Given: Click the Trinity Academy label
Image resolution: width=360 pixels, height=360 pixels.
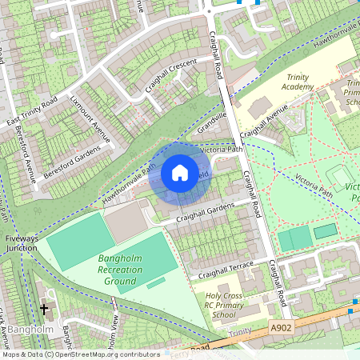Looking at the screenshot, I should pos(298,82).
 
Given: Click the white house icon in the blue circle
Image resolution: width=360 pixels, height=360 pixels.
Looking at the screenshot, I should pos(180,172).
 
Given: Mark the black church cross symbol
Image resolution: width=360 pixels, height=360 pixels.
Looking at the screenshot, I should pos(44,307).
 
